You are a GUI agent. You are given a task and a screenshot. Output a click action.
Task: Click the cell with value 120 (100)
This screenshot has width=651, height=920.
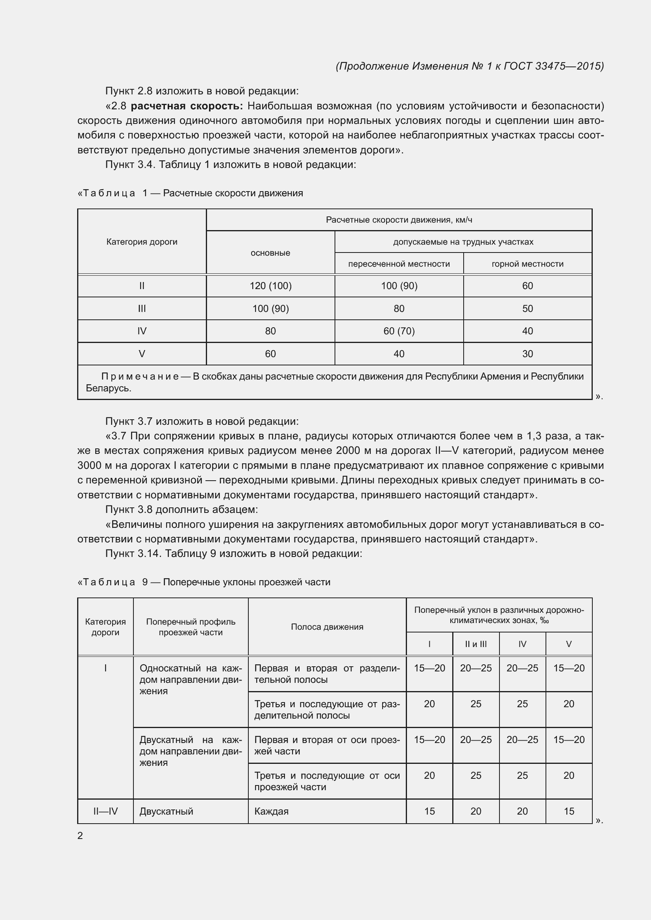coord(270,286)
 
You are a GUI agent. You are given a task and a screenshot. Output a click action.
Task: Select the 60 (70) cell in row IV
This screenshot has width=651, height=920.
coord(399,331)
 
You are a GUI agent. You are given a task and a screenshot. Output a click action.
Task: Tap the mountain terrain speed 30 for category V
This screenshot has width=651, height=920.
coord(527,354)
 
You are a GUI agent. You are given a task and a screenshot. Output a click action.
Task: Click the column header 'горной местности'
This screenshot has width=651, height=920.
coord(527,264)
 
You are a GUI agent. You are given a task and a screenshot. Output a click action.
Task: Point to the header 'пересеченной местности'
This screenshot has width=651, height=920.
coord(399,264)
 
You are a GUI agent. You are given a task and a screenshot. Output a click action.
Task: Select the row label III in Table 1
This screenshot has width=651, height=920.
coord(142,308)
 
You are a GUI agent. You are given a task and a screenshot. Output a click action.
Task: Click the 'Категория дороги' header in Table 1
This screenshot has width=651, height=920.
coord(142,242)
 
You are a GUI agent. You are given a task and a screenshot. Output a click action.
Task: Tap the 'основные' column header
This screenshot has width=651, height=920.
coord(270,253)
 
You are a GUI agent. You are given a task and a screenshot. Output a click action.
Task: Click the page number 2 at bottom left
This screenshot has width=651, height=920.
coord(80,835)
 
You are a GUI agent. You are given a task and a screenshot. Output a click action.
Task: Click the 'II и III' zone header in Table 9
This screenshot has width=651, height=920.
coord(475,644)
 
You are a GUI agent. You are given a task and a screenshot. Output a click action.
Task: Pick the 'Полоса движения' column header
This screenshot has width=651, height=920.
coord(327,627)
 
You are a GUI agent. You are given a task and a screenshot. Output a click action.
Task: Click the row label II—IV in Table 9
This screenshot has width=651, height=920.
coord(105,811)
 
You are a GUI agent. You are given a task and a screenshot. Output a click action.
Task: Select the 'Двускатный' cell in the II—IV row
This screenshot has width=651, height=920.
coord(166,811)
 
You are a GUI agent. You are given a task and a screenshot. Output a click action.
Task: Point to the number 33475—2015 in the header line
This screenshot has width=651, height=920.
coord(569,66)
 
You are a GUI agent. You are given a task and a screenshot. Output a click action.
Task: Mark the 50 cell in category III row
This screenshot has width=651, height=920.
coord(527,308)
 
